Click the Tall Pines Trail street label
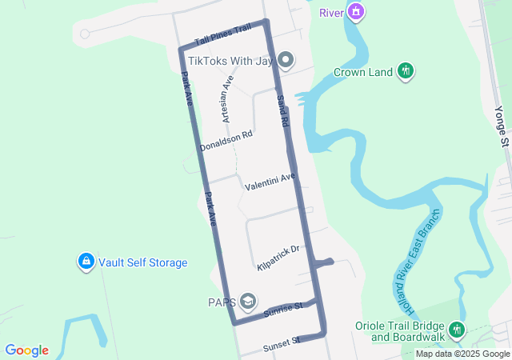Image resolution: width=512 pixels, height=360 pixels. (x=222, y=34)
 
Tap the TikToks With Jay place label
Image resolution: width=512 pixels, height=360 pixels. (x=230, y=60)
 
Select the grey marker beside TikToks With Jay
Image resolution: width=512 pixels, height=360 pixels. (x=285, y=60)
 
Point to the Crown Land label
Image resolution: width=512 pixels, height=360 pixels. (x=363, y=72)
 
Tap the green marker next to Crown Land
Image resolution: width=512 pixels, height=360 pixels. (x=406, y=71)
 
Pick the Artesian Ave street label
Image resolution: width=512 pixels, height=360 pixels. (x=226, y=98)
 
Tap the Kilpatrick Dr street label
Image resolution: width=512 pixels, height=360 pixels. (x=278, y=257)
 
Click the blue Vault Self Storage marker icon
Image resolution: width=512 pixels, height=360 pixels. (x=86, y=262)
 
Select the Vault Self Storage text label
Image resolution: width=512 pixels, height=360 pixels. (x=143, y=262)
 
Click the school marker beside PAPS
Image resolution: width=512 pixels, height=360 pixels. (x=248, y=301)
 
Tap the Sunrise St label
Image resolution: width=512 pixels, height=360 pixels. (x=282, y=308)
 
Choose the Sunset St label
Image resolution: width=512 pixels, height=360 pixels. (x=281, y=345)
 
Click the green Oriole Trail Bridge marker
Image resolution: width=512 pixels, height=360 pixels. (x=456, y=329)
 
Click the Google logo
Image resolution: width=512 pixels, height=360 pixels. (x=26, y=350)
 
